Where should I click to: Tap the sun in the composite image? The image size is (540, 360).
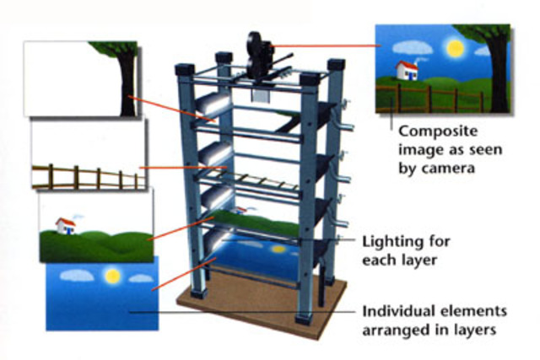tap(455, 48)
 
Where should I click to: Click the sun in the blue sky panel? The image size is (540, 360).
tap(111, 275)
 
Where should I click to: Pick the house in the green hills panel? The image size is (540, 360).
tap(64, 225)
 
